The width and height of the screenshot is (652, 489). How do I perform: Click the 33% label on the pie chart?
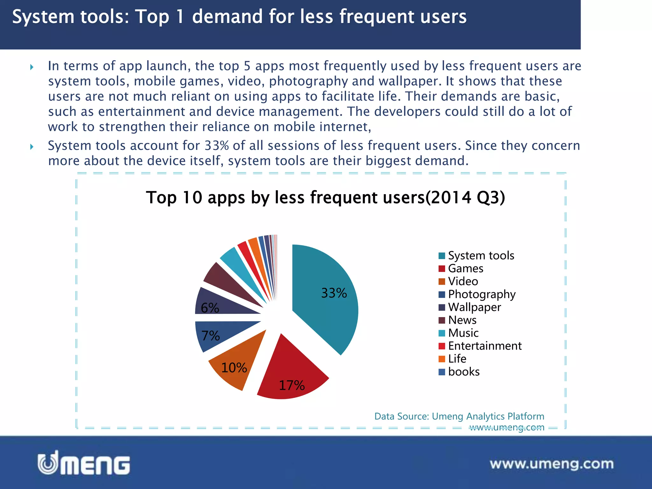point(334,293)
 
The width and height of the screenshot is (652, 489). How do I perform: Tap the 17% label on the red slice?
point(292,386)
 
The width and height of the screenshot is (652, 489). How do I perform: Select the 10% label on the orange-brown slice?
point(234,368)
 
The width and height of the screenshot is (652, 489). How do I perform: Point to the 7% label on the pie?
point(210,336)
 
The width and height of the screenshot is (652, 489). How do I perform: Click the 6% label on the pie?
point(210,308)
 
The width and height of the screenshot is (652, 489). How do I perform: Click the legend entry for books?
point(463,372)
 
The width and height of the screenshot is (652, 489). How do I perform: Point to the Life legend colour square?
point(442,359)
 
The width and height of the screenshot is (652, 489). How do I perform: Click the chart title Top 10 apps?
point(325,198)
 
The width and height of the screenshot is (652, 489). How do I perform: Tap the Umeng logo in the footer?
point(84,463)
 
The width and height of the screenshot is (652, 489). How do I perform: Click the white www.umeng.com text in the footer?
point(551,464)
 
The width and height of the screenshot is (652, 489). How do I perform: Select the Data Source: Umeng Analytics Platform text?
point(459,416)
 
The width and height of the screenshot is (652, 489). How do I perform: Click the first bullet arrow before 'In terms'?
point(32,67)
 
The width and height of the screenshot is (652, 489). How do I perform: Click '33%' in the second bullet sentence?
point(216,146)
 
